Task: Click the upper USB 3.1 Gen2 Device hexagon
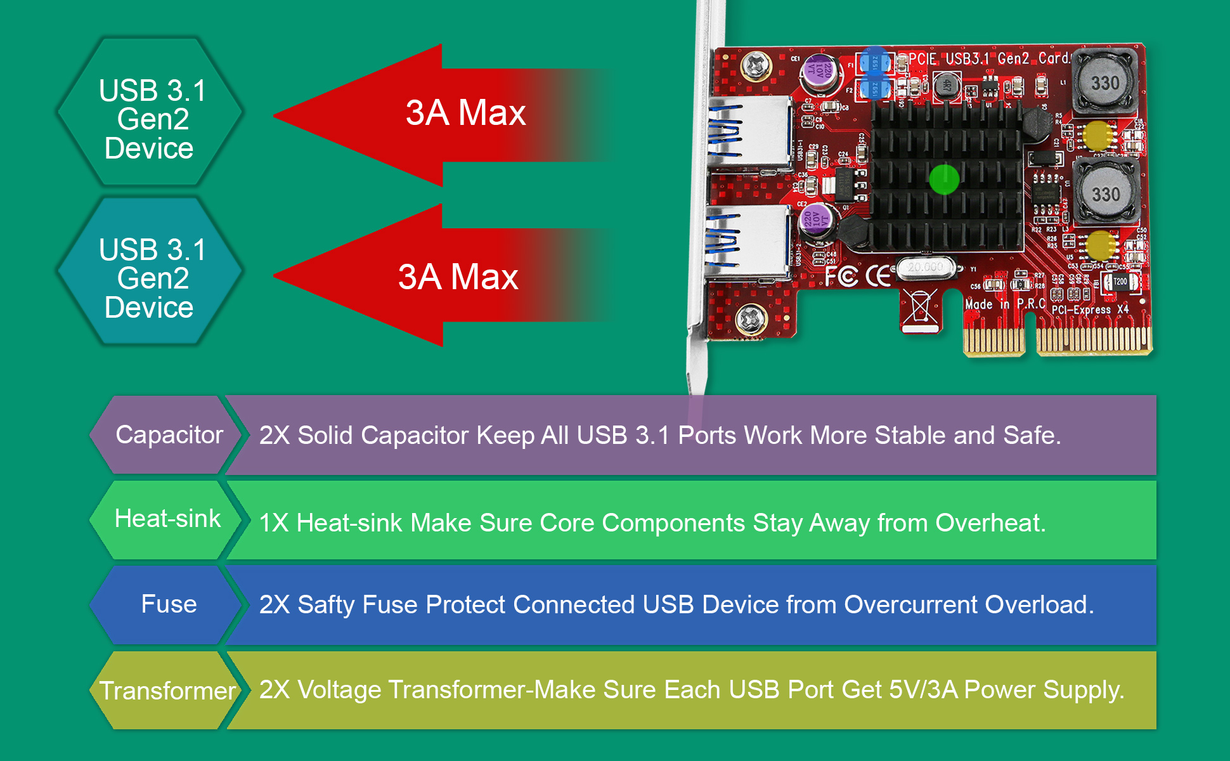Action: tap(150, 112)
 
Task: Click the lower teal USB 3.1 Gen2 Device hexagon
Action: tap(150, 271)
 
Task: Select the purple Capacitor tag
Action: tap(167, 435)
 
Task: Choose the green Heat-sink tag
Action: tap(167, 519)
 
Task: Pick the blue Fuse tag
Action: tap(167, 604)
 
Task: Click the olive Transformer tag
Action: tap(167, 691)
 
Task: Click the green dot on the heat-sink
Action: tap(944, 179)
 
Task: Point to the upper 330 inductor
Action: tap(1105, 82)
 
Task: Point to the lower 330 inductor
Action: tap(1106, 194)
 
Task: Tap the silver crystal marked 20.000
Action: tap(925, 268)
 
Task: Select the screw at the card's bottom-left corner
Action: tap(751, 318)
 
